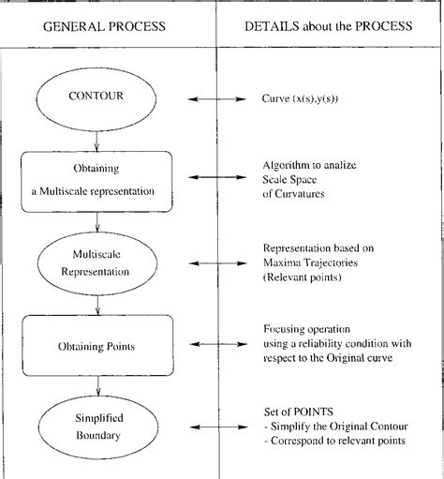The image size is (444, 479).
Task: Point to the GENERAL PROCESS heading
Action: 105,25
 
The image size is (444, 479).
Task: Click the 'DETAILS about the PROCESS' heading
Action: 328,25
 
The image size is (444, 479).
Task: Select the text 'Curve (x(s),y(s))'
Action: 306,97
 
